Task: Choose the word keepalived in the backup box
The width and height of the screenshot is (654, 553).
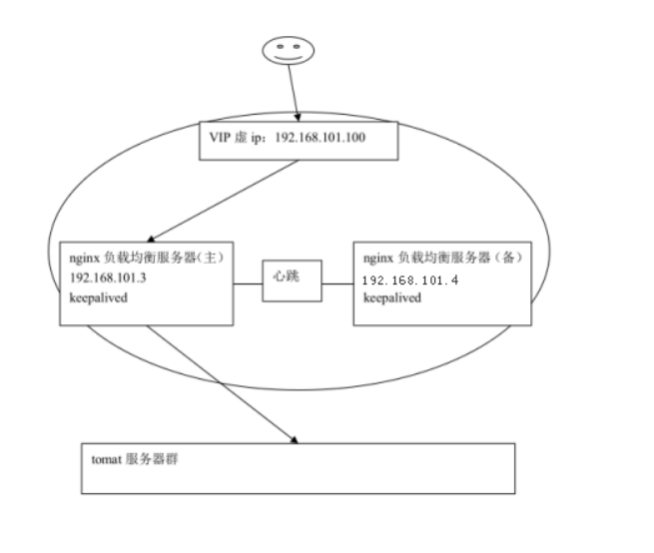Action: [x=391, y=298]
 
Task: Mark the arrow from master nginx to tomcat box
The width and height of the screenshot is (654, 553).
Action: [x=220, y=379]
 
